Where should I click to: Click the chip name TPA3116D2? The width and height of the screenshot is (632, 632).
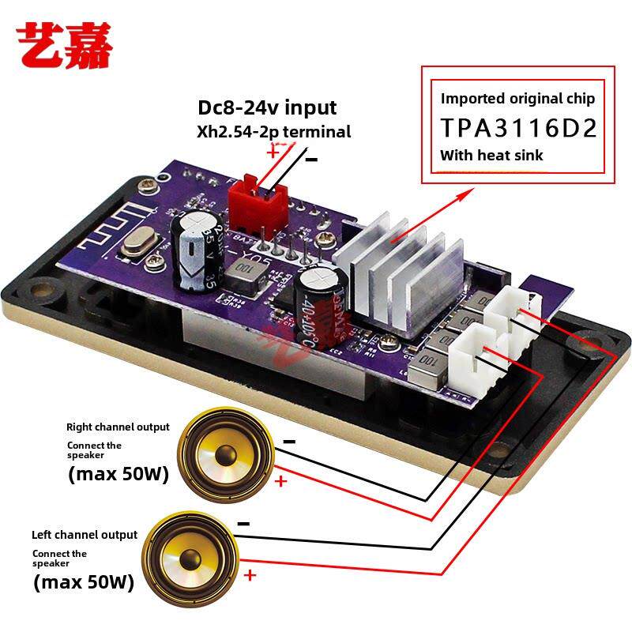click(518, 128)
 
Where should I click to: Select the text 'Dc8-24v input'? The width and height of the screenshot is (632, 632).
click(267, 107)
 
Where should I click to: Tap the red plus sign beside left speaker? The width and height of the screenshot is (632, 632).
click(250, 575)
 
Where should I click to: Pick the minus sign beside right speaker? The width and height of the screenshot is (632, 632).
click(289, 442)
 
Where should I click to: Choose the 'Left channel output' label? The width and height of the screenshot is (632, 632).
click(85, 535)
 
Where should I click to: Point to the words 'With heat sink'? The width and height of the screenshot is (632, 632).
click(491, 156)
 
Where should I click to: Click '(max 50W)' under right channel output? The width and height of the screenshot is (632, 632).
click(118, 475)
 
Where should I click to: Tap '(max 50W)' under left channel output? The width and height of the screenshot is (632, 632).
click(84, 583)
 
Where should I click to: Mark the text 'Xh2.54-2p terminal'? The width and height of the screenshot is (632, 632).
click(273, 132)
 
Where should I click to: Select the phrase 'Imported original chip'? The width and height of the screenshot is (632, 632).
click(517, 99)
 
